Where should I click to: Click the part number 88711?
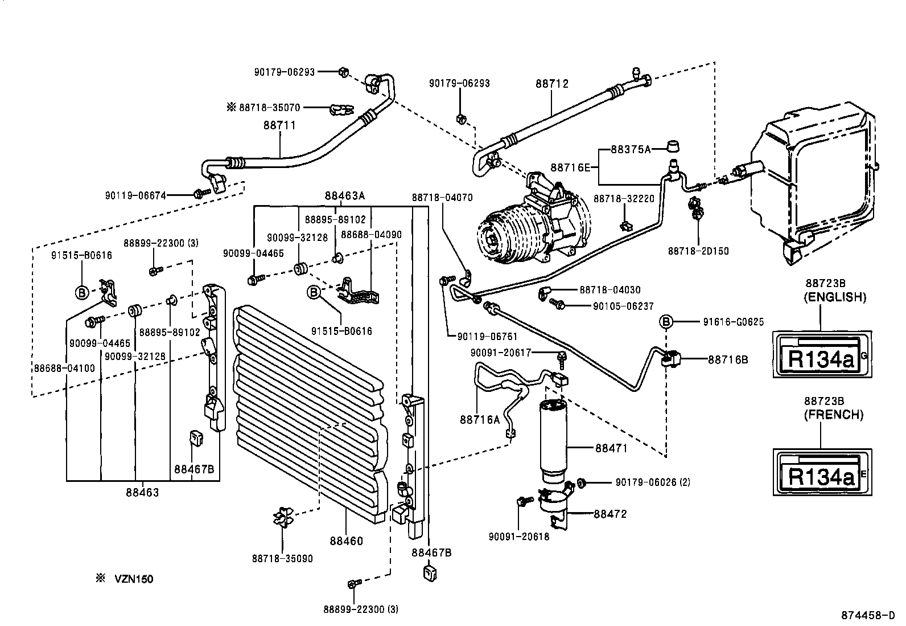(x=279, y=125)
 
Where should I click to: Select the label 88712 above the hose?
(x=551, y=84)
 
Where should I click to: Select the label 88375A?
(x=630, y=150)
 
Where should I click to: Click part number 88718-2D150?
(x=698, y=251)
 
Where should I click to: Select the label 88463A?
(x=344, y=196)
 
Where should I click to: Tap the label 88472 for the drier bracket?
(x=610, y=514)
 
